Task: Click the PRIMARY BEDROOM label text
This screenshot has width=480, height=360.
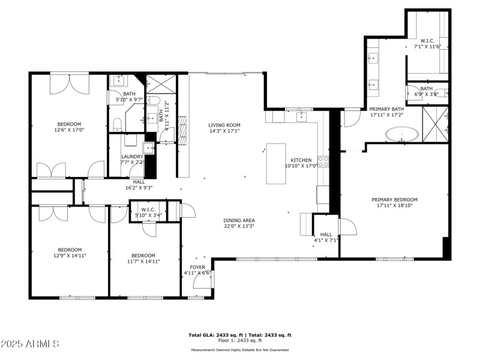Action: [x=394, y=200]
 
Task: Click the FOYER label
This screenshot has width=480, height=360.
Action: [x=197, y=267]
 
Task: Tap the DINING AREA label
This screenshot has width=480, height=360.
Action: [x=239, y=220]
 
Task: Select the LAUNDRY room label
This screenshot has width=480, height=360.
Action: [x=133, y=157]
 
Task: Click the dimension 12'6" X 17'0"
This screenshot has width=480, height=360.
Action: [x=68, y=130]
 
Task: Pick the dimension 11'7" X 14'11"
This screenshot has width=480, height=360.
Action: [x=143, y=261]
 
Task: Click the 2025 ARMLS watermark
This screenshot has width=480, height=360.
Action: [x=30, y=344]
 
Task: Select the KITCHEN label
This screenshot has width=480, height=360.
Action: [x=301, y=160]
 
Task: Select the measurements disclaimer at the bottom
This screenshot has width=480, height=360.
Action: [x=239, y=350]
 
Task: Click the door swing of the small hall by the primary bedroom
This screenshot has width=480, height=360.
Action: [x=346, y=227]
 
